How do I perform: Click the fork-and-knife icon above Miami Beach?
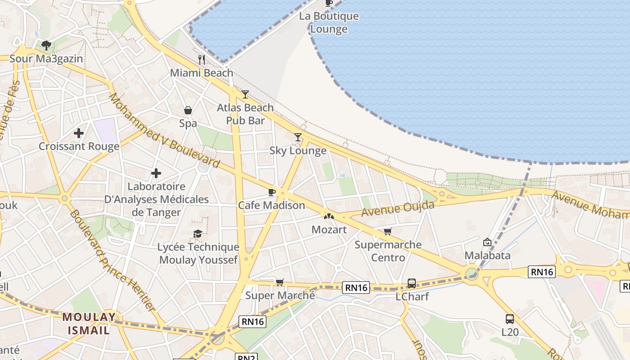tap(202, 59)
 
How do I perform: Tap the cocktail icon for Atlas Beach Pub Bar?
tap(245, 94)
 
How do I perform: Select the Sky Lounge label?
tap(298, 151)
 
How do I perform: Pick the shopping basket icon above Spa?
tap(188, 110)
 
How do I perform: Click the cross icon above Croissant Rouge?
tap(79, 133)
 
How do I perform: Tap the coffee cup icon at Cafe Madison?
tap(271, 193)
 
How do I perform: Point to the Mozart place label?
tap(329, 229)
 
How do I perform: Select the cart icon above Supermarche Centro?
tap(387, 232)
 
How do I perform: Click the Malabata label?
tap(487, 256)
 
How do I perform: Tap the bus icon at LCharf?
tap(412, 283)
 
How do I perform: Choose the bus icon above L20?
tap(509, 319)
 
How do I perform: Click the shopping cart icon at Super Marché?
tap(280, 282)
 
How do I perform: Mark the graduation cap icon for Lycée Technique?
tap(198, 234)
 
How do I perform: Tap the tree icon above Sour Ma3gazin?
tap(46, 45)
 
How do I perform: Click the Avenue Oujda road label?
tap(398, 209)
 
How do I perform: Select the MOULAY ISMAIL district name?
tap(89, 324)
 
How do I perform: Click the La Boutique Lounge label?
tap(329, 22)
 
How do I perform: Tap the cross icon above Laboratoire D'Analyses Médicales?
tap(156, 173)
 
